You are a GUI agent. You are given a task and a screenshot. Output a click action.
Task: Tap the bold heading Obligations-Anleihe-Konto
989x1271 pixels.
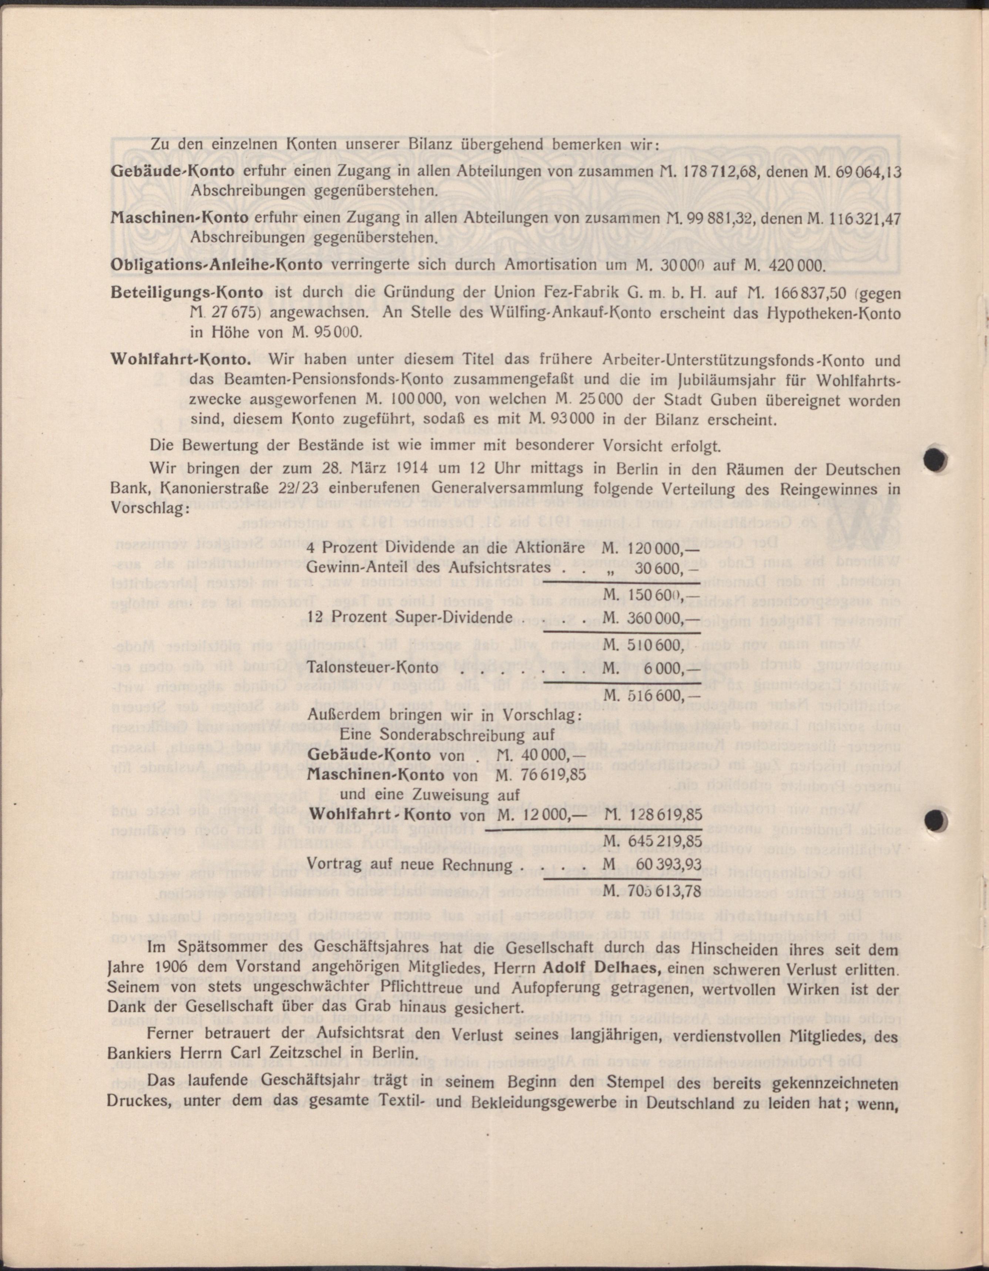(x=217, y=265)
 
